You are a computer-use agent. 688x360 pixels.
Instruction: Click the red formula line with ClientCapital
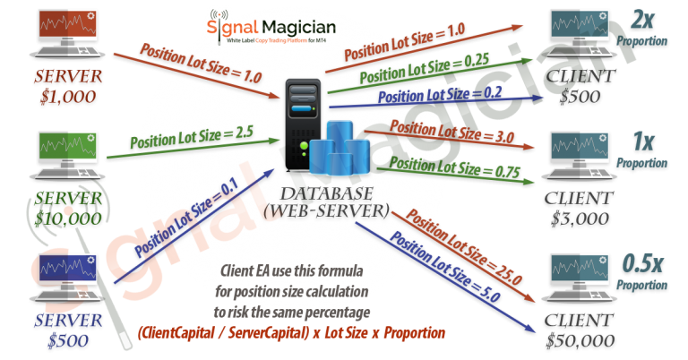[x=291, y=333]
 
